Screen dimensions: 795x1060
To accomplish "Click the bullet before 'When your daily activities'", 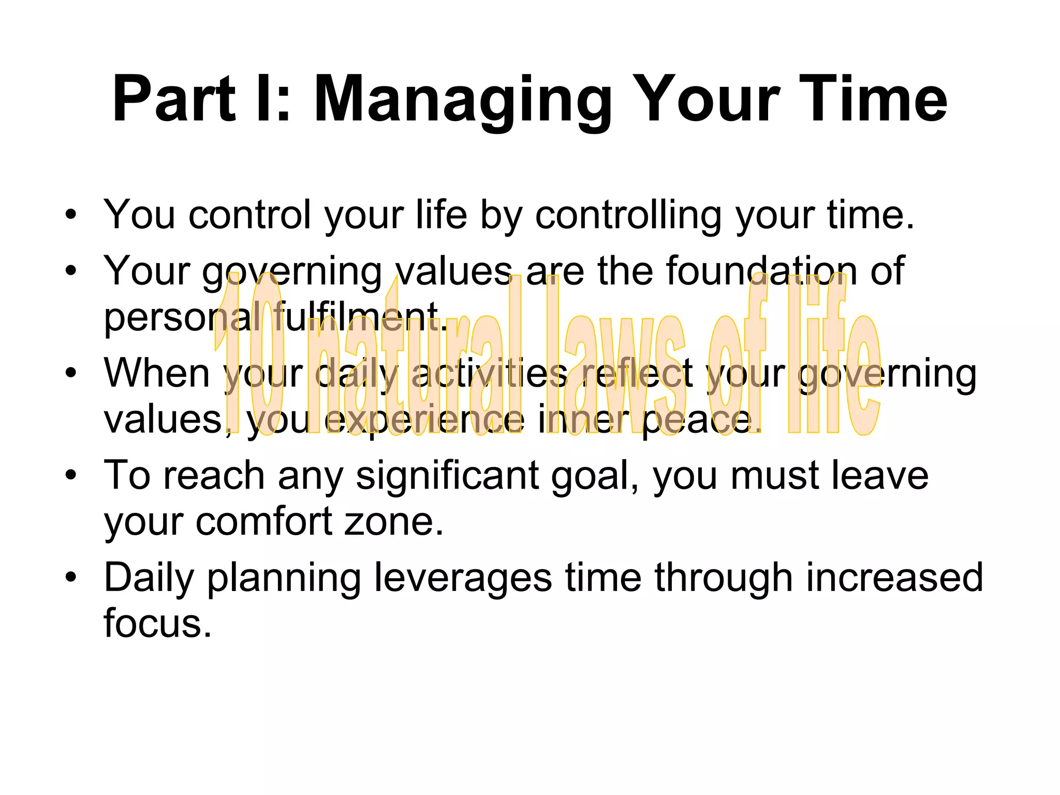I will click(x=71, y=372).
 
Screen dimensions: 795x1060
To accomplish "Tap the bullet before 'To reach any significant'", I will click(x=71, y=475).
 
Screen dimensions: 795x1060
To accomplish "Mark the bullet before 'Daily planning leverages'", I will click(x=71, y=577).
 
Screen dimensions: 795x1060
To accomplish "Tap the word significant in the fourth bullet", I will click(x=447, y=475).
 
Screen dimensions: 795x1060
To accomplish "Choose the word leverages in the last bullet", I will click(x=463, y=578).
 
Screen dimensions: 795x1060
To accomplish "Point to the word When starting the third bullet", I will click(x=157, y=373).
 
